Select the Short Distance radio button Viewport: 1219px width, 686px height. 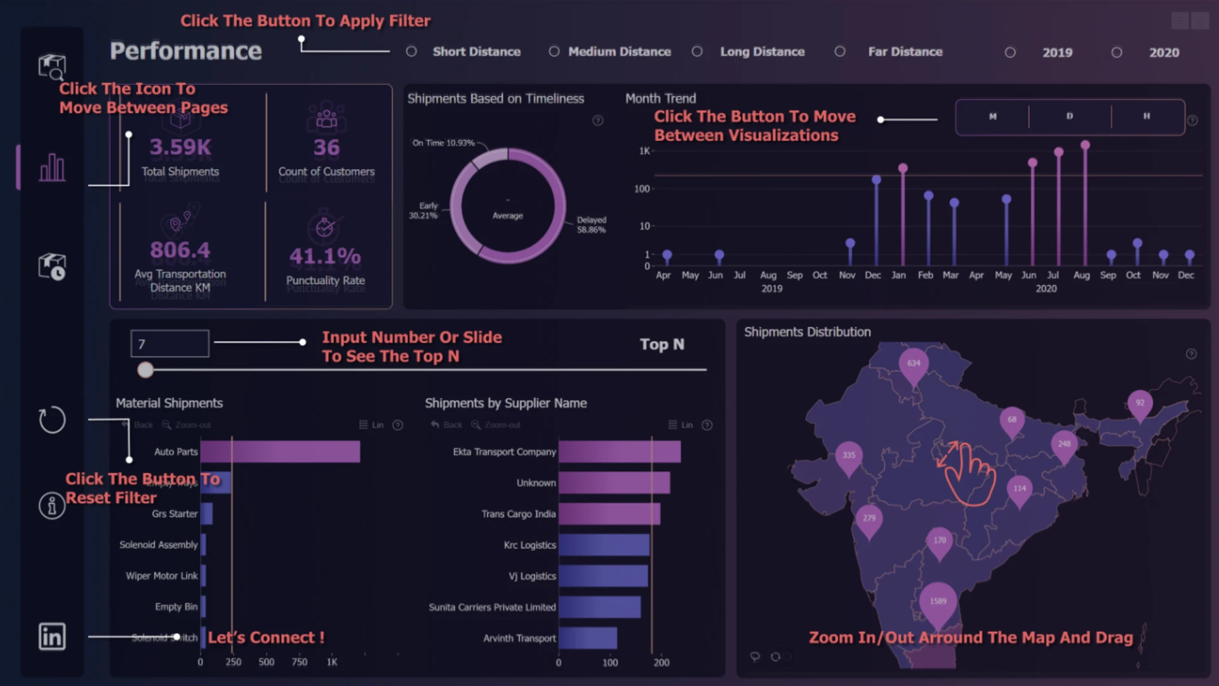pos(411,51)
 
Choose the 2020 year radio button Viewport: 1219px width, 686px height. pos(1117,53)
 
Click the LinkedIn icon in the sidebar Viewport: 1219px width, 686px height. pos(52,636)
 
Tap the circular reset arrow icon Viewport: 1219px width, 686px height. pos(52,420)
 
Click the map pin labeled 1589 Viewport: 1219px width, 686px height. pos(938,601)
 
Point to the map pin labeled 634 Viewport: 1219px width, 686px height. pos(914,363)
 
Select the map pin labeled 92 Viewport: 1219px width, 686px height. pos(1140,403)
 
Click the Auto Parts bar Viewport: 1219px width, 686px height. pos(280,452)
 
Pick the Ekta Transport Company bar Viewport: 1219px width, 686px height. pos(619,452)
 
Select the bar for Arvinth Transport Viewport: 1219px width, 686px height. pos(587,638)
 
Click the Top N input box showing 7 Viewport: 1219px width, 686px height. pos(170,344)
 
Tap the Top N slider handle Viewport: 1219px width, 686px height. pos(145,370)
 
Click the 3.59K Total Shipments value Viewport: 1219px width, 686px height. pos(180,147)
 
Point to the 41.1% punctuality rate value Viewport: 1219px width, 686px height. pos(325,257)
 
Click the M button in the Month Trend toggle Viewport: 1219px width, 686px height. pos(992,116)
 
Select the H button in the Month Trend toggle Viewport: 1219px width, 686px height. pos(1147,116)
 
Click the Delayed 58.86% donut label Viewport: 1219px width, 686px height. pos(591,225)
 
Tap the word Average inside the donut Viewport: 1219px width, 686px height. pos(508,216)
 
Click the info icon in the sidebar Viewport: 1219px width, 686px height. pos(52,506)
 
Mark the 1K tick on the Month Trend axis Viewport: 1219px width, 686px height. pos(644,151)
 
